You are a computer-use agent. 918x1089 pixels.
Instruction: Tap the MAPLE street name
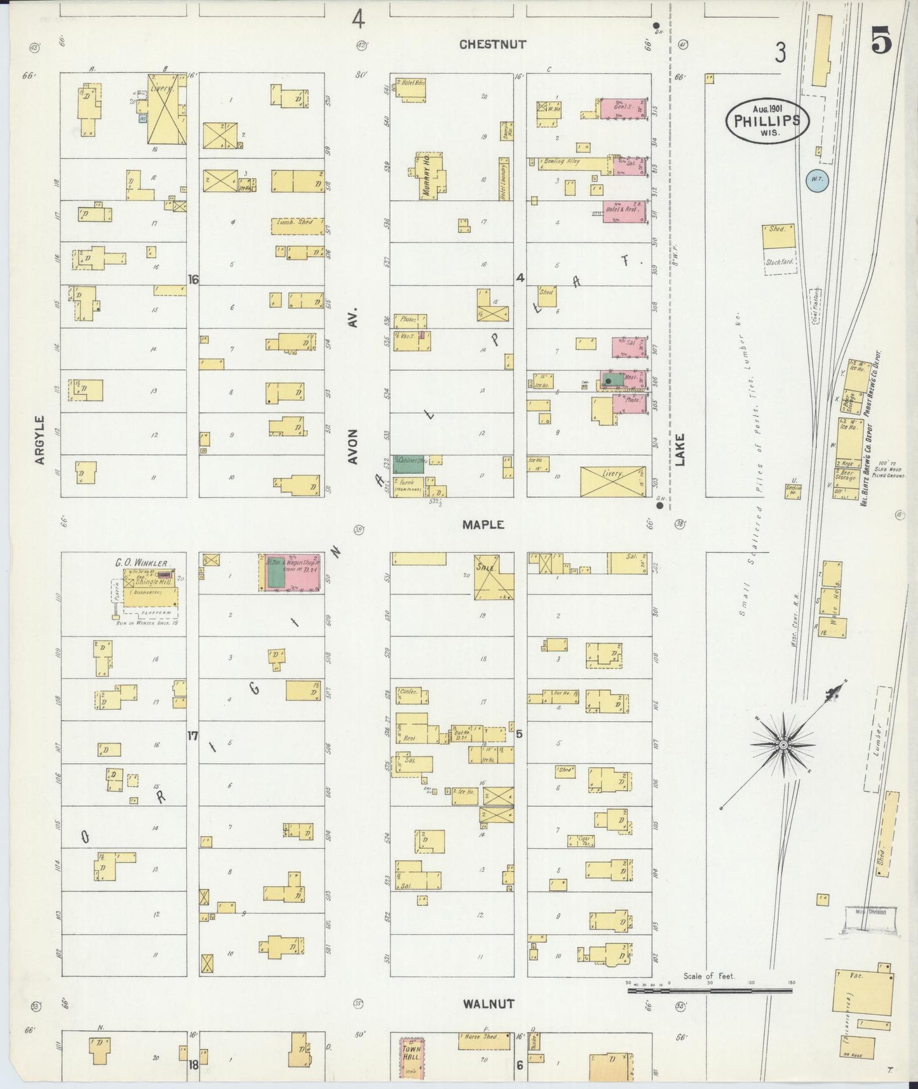pyautogui.click(x=483, y=524)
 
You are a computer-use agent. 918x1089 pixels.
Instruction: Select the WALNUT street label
pyautogui.click(x=488, y=1004)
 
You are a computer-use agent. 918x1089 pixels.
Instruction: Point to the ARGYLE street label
pyautogui.click(x=40, y=440)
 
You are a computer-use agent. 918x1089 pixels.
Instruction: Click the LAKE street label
pyautogui.click(x=680, y=450)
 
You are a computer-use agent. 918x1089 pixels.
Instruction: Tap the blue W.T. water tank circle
pyautogui.click(x=816, y=179)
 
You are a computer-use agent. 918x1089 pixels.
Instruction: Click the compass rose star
pyautogui.click(x=783, y=744)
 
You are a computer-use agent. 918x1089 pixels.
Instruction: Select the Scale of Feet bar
pyautogui.click(x=710, y=990)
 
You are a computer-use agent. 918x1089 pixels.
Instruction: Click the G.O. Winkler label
pyautogui.click(x=141, y=563)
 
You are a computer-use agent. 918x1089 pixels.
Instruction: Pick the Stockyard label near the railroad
pyautogui.click(x=781, y=262)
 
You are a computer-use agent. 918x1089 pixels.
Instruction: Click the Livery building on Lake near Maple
pyautogui.click(x=612, y=481)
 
